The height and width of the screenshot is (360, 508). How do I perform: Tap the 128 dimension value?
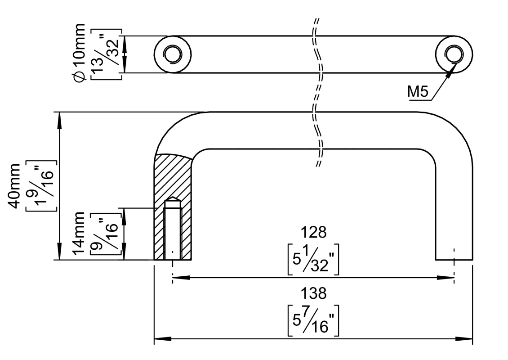(x=313, y=233)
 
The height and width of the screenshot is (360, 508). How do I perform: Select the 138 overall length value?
(x=313, y=294)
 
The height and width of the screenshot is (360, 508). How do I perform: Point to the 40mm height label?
(x=17, y=185)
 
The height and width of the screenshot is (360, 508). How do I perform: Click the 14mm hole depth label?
(x=79, y=234)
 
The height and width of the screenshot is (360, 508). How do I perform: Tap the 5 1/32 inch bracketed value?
(x=313, y=260)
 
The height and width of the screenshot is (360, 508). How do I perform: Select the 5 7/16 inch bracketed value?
(x=313, y=321)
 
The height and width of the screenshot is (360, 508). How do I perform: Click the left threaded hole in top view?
(x=171, y=54)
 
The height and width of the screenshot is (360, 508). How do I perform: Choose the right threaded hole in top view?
(x=453, y=54)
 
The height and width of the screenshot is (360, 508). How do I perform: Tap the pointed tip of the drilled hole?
(x=172, y=199)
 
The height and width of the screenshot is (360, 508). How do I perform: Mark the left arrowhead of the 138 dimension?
(x=157, y=338)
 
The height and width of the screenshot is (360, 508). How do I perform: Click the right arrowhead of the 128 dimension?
(x=450, y=278)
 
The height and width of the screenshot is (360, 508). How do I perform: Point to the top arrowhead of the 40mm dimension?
(x=59, y=115)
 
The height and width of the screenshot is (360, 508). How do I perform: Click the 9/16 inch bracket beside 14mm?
(x=107, y=234)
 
